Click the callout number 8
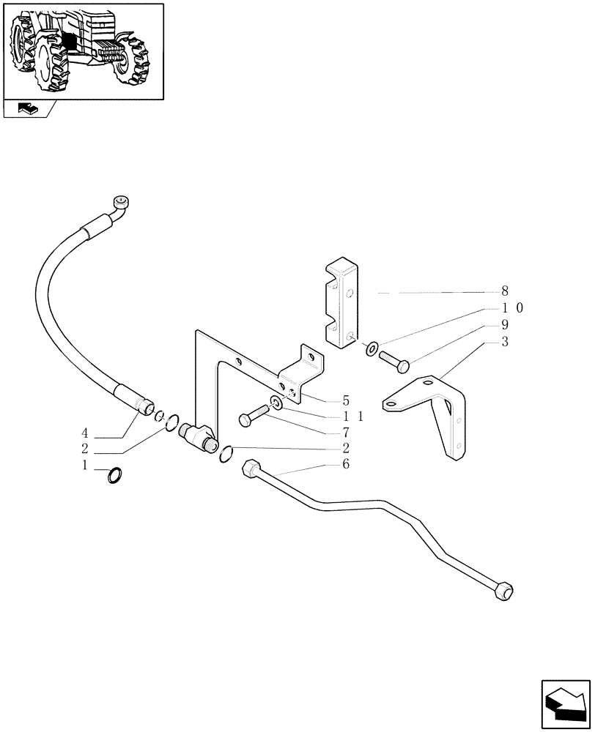pyautogui.click(x=505, y=291)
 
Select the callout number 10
pyautogui.click(x=510, y=308)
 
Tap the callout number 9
pyautogui.click(x=505, y=325)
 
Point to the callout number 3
pyautogui.click(x=505, y=342)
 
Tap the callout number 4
pyautogui.click(x=86, y=432)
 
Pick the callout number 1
pyautogui.click(x=85, y=465)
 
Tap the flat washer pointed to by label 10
pyautogui.click(x=372, y=347)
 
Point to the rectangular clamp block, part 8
pyautogui.click(x=341, y=303)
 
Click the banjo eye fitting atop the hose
pyautogui.click(x=122, y=202)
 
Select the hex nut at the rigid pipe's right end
pyautogui.click(x=504, y=592)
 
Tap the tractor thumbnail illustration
pyautogui.click(x=83, y=50)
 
